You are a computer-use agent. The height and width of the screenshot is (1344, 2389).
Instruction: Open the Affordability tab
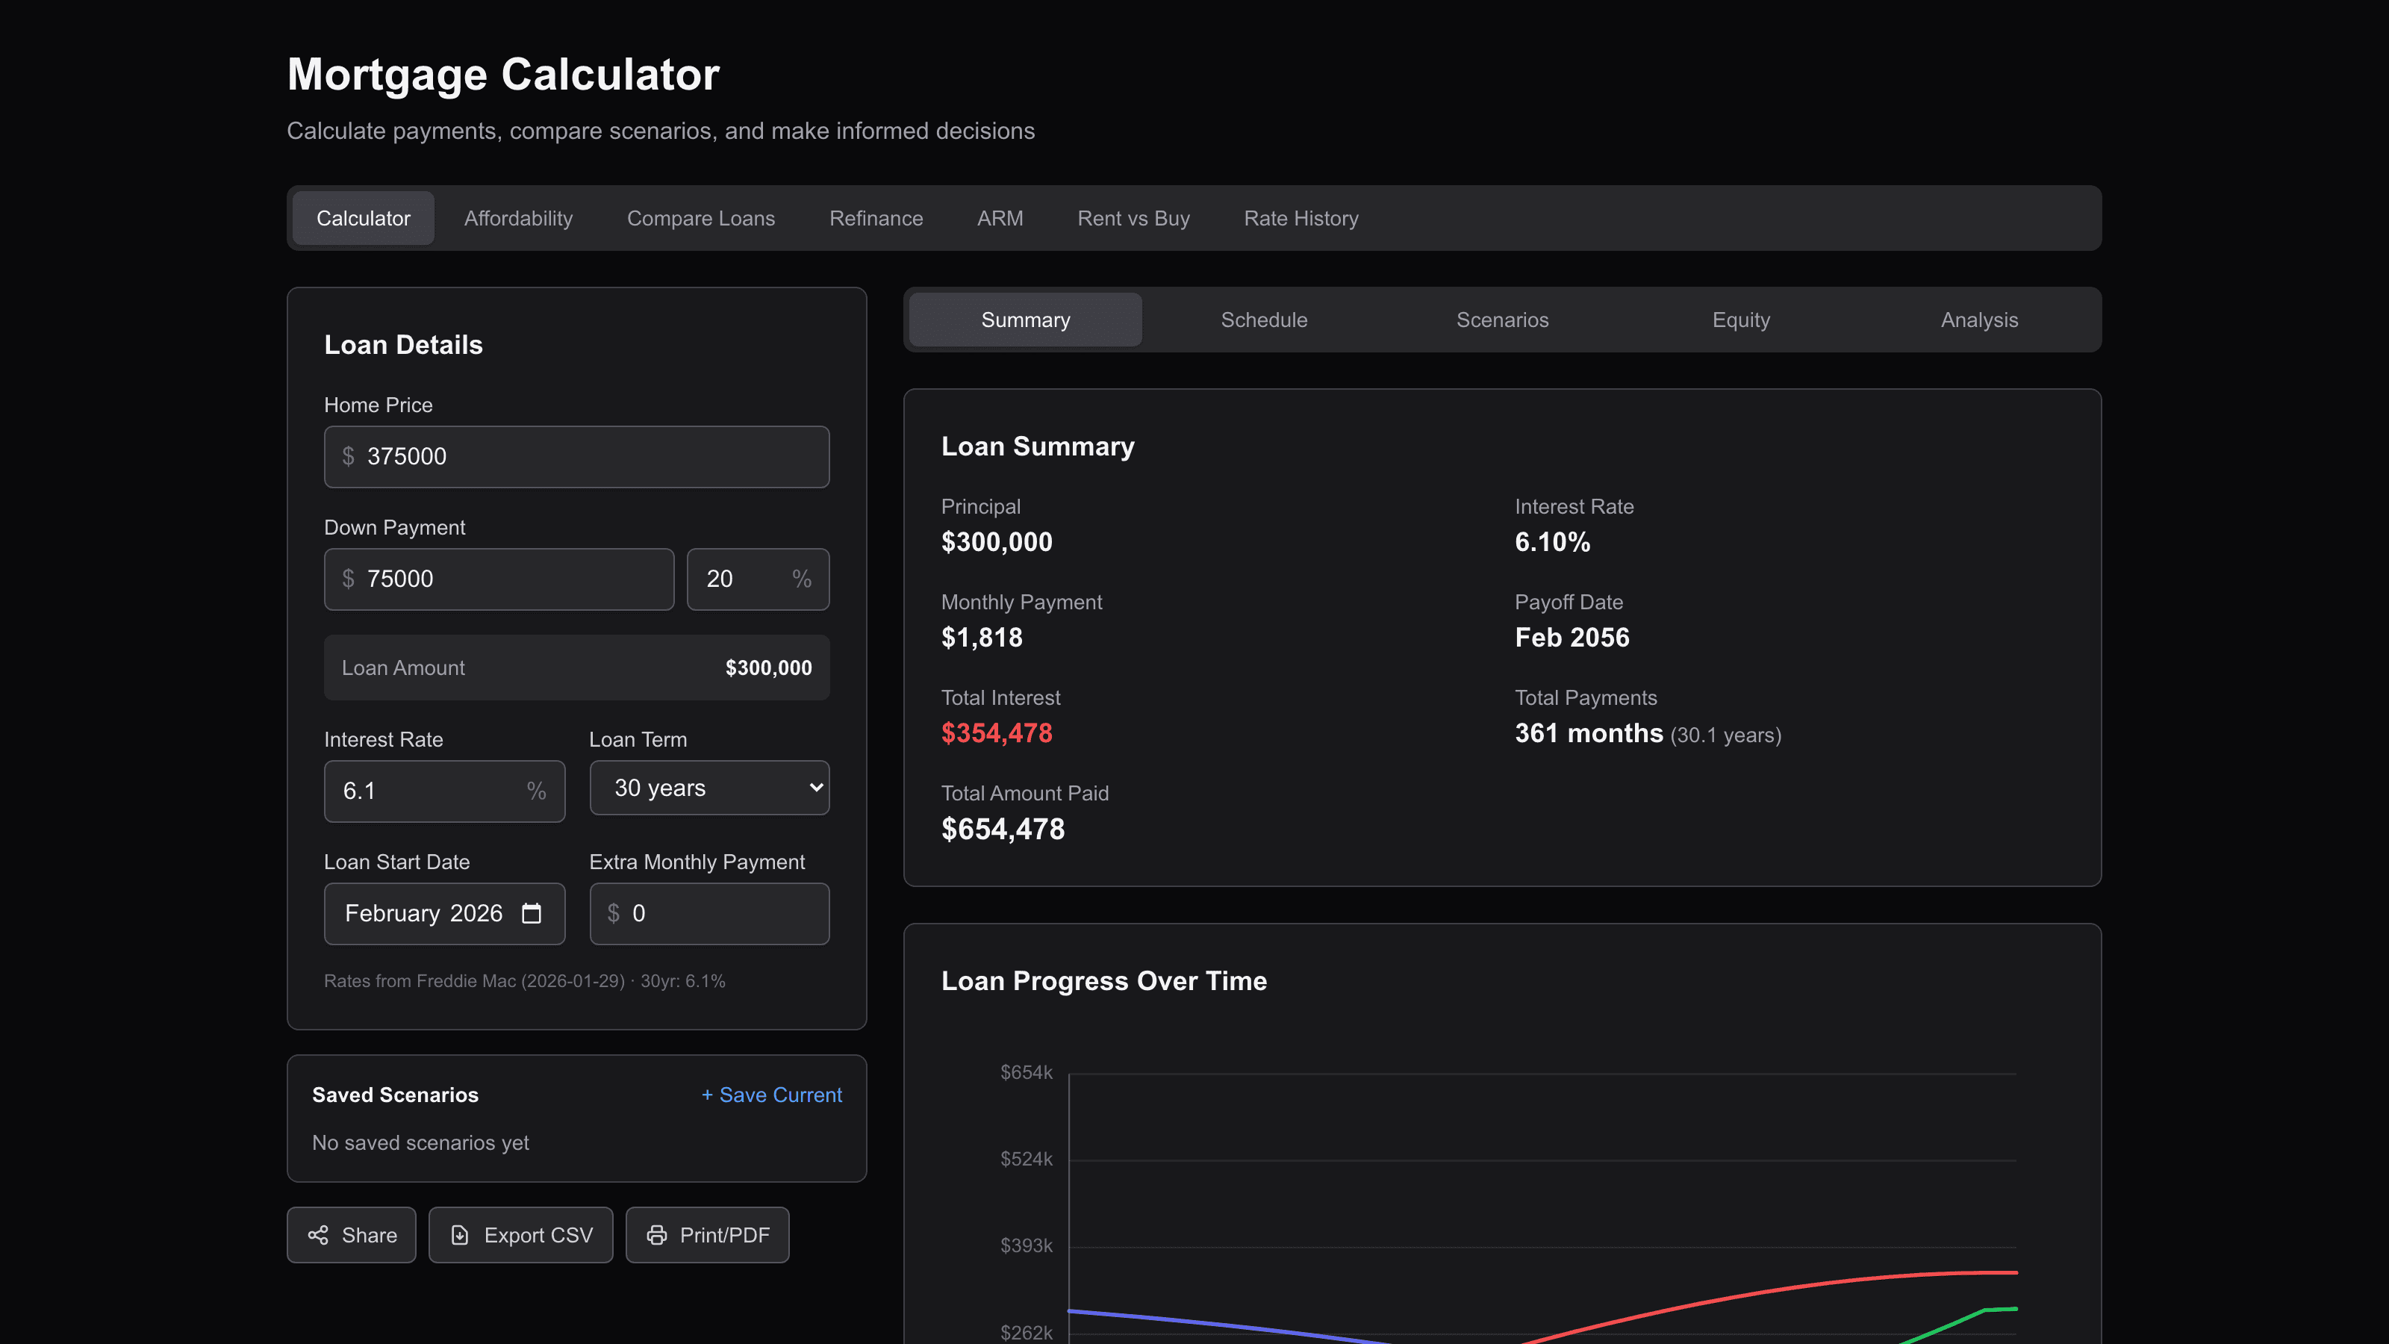[x=518, y=218]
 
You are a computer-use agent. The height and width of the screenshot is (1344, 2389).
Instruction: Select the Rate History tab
[x=1301, y=218]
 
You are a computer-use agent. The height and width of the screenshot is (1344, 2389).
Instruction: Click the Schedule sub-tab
[x=1263, y=320]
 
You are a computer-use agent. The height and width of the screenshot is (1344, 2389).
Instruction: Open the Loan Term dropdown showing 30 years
[x=709, y=788]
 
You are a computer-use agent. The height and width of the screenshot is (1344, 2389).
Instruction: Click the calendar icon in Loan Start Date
[x=532, y=914]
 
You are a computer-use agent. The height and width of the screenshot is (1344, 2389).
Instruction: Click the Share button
[x=352, y=1234]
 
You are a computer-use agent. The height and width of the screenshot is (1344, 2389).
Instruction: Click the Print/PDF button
[x=707, y=1234]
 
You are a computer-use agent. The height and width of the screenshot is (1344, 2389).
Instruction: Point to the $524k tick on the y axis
[x=1026, y=1160]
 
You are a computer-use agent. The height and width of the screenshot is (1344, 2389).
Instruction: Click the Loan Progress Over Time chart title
[x=1103, y=981]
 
